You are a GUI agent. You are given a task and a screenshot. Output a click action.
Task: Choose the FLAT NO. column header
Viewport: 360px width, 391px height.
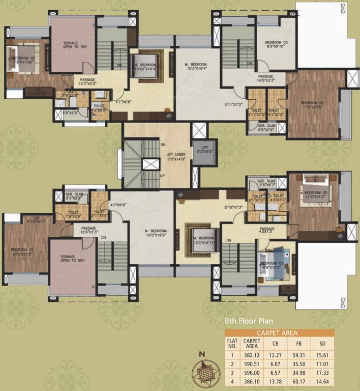pos(232,344)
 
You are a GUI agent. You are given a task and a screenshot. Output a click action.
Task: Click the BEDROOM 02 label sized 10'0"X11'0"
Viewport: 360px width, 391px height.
pos(22,252)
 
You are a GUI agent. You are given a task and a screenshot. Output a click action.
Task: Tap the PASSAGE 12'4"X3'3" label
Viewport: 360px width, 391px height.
pos(88,230)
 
